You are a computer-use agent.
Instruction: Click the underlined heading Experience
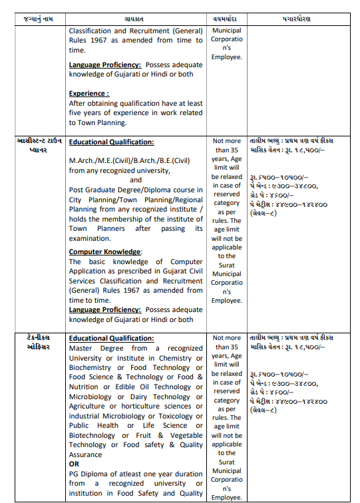89,94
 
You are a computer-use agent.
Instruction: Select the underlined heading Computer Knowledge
105,251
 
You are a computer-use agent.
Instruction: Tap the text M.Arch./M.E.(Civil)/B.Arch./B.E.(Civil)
129,160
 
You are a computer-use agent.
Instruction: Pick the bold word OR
75,464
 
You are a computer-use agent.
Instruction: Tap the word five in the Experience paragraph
79,112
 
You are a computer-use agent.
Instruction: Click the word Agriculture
92,406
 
